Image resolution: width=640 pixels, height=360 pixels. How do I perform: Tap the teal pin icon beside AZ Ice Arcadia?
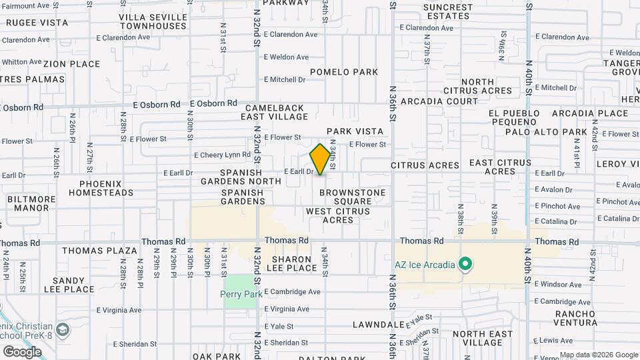tap(466, 265)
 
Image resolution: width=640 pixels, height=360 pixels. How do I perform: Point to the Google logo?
tap(22, 351)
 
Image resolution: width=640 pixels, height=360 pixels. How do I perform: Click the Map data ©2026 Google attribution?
tap(598, 355)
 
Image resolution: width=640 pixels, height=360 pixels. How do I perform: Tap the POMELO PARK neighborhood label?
tap(344, 72)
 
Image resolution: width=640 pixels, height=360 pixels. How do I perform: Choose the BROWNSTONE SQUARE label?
tap(353, 197)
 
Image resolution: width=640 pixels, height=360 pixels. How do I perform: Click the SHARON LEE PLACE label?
tap(291, 263)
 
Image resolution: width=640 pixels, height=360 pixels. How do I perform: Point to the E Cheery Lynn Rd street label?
tap(222, 155)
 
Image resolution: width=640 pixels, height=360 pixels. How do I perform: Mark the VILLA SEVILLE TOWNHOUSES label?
tap(153, 21)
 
